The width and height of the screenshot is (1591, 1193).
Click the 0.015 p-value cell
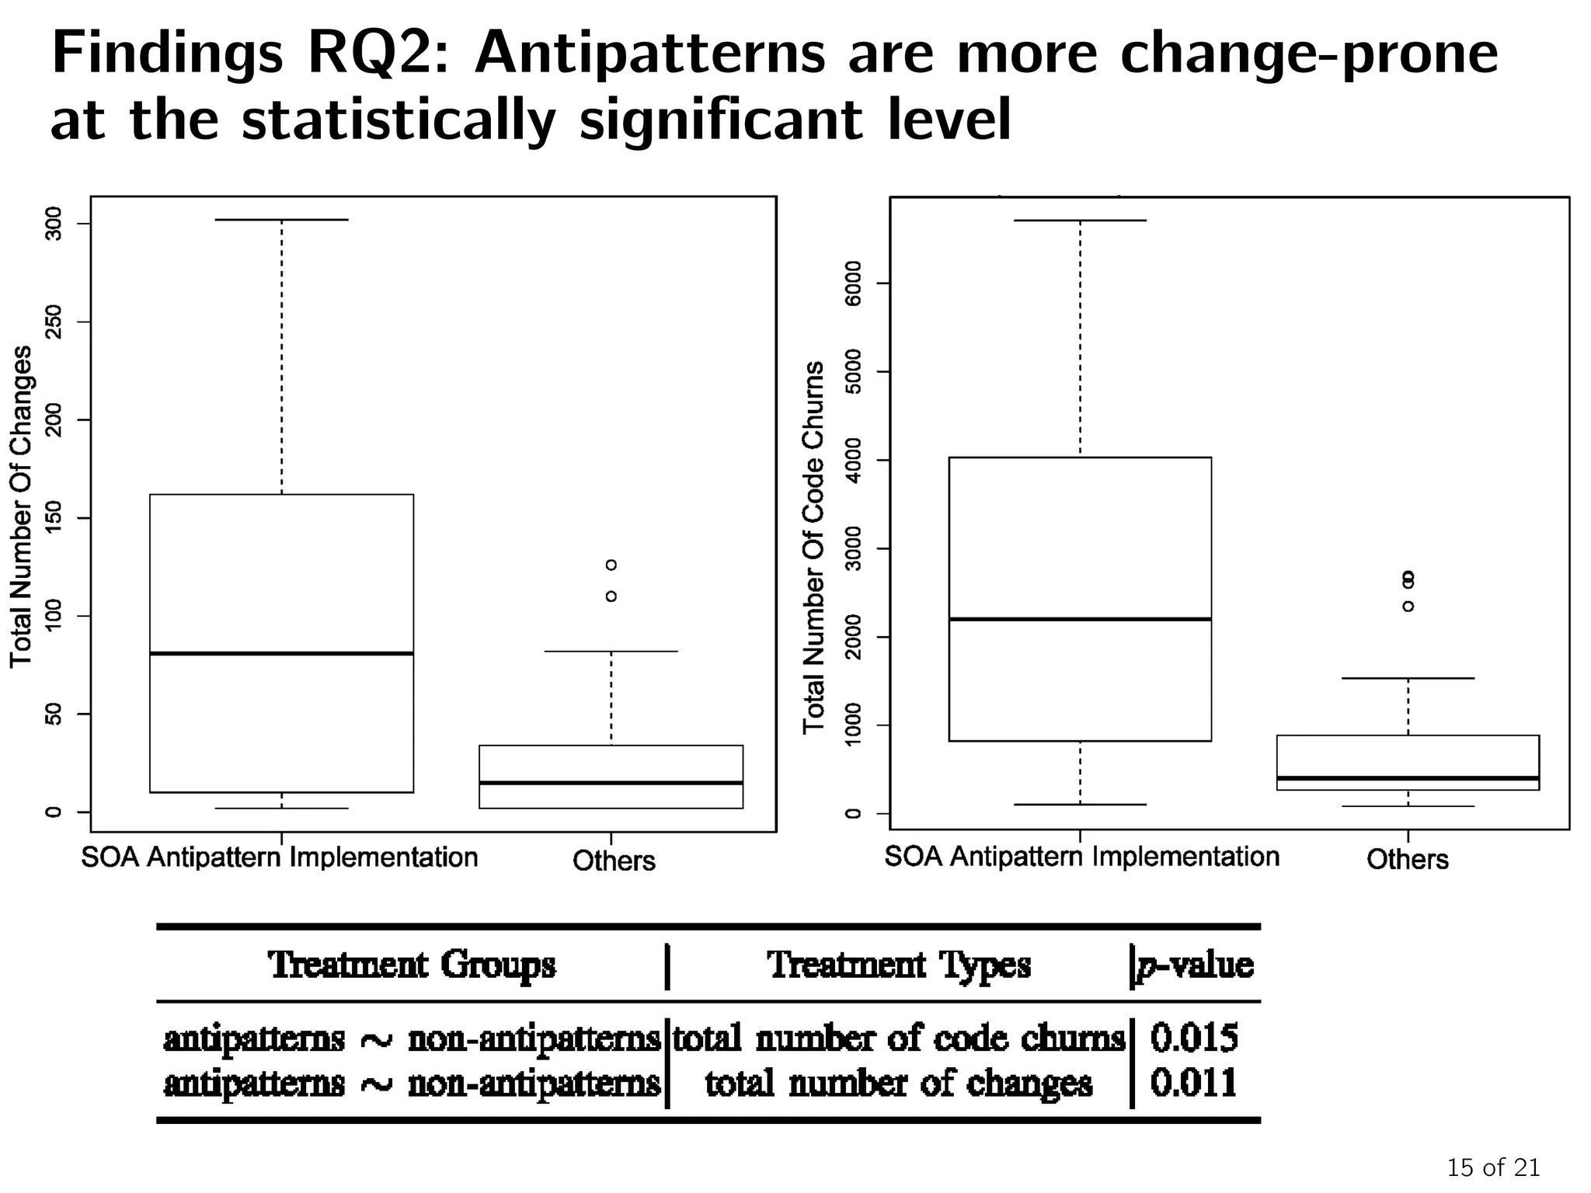[x=1193, y=1038]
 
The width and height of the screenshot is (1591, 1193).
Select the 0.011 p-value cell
[x=1193, y=1083]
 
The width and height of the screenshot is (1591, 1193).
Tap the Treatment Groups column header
[x=412, y=965]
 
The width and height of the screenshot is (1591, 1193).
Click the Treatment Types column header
[x=899, y=965]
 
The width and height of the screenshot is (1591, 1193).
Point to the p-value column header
[x=1195, y=965]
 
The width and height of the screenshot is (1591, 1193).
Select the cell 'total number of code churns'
[x=899, y=1038]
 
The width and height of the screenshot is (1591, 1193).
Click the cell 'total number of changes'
[x=899, y=1083]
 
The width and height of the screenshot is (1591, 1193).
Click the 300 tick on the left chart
[x=53, y=224]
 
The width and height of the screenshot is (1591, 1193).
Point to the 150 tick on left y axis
[x=53, y=518]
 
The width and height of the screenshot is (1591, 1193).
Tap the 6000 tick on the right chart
[x=853, y=283]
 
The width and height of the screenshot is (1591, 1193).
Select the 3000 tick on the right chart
[x=853, y=549]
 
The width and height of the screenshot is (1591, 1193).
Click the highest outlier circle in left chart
[x=611, y=565]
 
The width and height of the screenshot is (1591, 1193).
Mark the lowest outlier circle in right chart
[x=1408, y=607]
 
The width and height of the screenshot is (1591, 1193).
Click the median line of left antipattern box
[x=281, y=653]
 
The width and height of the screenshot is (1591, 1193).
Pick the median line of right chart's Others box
[x=1408, y=777]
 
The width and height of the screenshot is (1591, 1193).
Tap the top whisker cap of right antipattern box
[x=1080, y=221]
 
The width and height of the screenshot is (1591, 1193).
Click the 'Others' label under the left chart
[x=614, y=861]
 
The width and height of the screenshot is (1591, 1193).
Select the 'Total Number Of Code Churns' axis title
[x=813, y=548]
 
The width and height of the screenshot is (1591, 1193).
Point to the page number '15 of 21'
[x=1492, y=1167]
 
